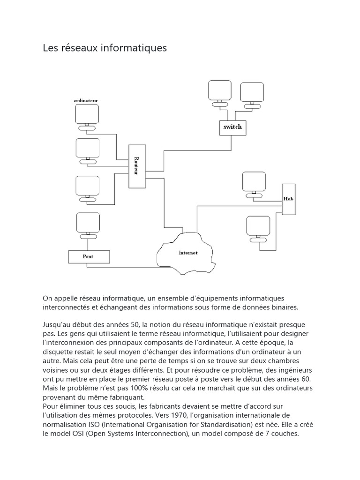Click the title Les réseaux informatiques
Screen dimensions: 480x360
(x=105, y=48)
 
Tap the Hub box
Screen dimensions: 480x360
(x=288, y=199)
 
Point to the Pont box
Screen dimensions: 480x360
(x=89, y=257)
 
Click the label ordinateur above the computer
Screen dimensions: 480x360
(x=86, y=100)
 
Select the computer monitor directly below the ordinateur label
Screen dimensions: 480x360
(x=87, y=114)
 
